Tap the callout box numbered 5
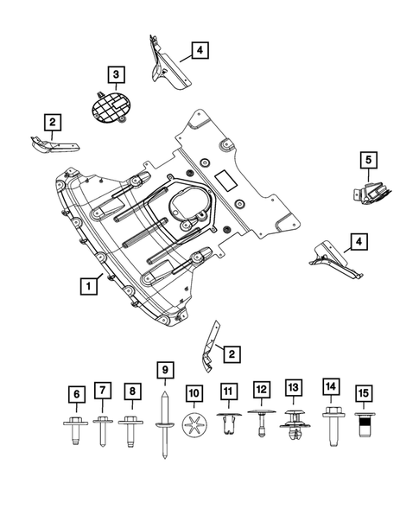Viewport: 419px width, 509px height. [368, 159]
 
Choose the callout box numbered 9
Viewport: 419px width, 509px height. [163, 372]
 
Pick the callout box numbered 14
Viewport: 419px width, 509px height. [330, 385]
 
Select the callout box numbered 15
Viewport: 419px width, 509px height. [364, 394]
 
